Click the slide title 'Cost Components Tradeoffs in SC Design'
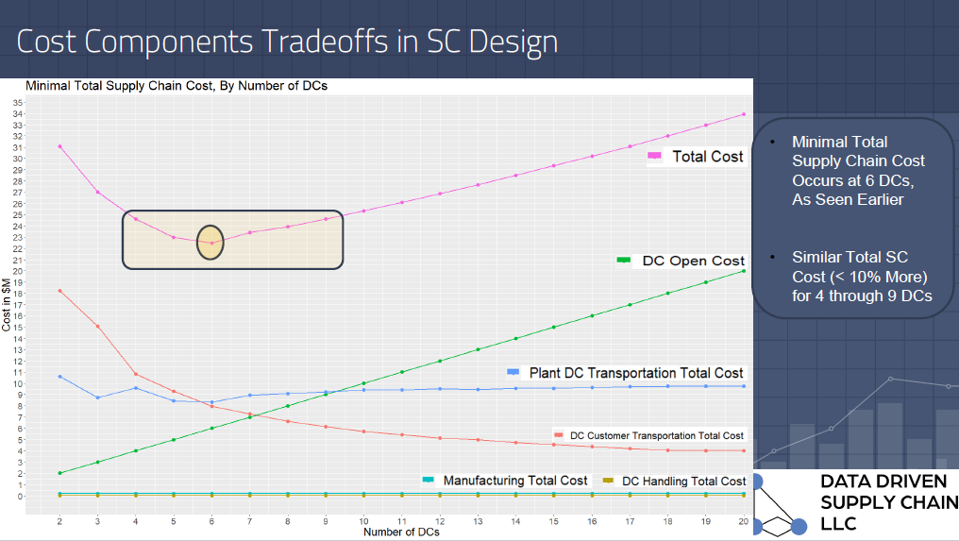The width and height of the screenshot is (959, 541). click(x=287, y=42)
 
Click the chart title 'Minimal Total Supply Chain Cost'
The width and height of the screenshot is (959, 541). click(x=177, y=86)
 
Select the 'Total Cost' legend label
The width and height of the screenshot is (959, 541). click(x=707, y=157)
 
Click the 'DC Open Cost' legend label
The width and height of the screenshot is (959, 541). click(x=693, y=261)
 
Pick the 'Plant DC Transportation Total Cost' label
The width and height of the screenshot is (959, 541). click(x=636, y=373)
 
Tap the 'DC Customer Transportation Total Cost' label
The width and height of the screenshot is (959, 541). click(x=657, y=435)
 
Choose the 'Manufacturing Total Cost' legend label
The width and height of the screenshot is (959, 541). click(x=515, y=481)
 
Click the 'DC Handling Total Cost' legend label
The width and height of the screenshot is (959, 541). click(x=683, y=482)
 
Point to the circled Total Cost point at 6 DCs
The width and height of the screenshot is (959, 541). click(x=211, y=243)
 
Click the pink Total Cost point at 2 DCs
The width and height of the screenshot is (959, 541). click(x=59, y=146)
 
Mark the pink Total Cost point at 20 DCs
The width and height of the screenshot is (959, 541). click(x=744, y=114)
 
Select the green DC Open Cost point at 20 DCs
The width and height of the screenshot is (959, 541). click(x=744, y=271)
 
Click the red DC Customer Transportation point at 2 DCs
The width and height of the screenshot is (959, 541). click(x=59, y=291)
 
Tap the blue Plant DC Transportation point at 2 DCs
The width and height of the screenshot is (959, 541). click(x=59, y=377)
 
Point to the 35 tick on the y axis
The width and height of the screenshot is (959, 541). click(x=18, y=102)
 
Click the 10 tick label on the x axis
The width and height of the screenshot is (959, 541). click(x=363, y=521)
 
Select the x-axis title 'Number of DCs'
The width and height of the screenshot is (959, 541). click(x=401, y=533)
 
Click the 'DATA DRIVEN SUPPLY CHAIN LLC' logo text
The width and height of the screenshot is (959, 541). click(x=887, y=502)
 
